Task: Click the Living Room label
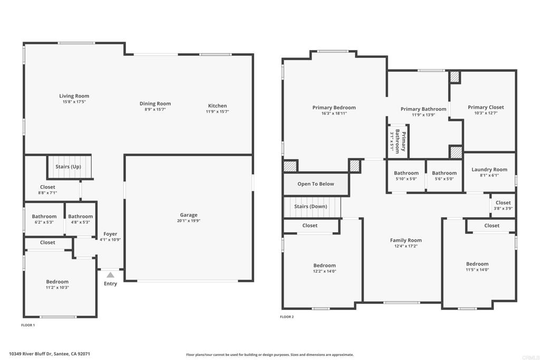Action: click(x=74, y=96)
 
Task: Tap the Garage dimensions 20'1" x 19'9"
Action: click(x=188, y=221)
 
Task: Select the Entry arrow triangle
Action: click(x=110, y=275)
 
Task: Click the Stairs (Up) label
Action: click(x=68, y=167)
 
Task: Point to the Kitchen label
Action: click(x=217, y=106)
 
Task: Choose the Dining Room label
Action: click(x=155, y=104)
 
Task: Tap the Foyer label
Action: click(x=110, y=234)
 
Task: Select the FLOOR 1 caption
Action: click(x=28, y=325)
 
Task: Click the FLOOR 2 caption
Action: click(x=286, y=317)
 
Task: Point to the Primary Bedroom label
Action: click(x=334, y=108)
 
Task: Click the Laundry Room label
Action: click(x=489, y=170)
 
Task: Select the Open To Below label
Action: click(x=315, y=184)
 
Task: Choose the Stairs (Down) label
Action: click(x=310, y=206)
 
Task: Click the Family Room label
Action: click(x=406, y=240)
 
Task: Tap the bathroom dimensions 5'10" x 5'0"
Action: click(x=406, y=179)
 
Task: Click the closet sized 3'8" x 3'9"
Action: click(x=503, y=205)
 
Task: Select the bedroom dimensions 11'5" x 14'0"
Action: click(x=477, y=269)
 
